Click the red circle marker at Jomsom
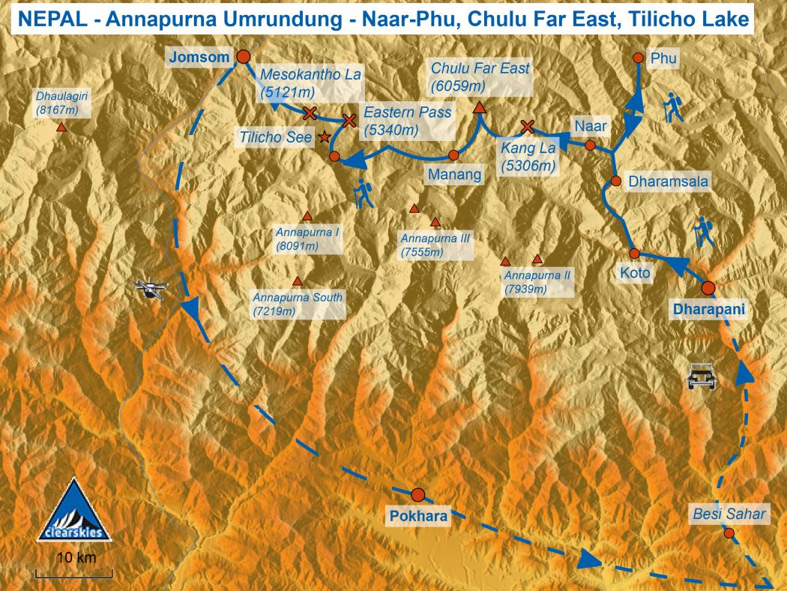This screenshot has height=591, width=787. click(x=242, y=56)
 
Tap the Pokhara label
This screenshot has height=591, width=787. click(x=418, y=515)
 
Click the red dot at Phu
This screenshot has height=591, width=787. click(x=637, y=58)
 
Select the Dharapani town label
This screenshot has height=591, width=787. click(x=708, y=309)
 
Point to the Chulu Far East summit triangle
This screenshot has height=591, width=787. click(x=479, y=109)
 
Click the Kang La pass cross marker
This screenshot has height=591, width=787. click(x=527, y=126)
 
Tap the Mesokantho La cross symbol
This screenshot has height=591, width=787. click(x=310, y=113)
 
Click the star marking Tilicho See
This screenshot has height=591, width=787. click(x=325, y=137)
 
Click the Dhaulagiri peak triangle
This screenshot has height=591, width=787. click(x=61, y=127)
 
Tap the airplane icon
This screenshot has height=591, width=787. click(x=151, y=289)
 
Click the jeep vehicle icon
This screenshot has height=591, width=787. click(x=702, y=376)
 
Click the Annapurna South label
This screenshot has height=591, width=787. click(x=298, y=304)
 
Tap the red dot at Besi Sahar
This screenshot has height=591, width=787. click(x=729, y=533)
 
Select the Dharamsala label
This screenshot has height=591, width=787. click(x=668, y=181)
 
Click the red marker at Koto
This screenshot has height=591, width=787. click(x=634, y=253)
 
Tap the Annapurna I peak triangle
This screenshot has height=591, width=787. click(x=307, y=216)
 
